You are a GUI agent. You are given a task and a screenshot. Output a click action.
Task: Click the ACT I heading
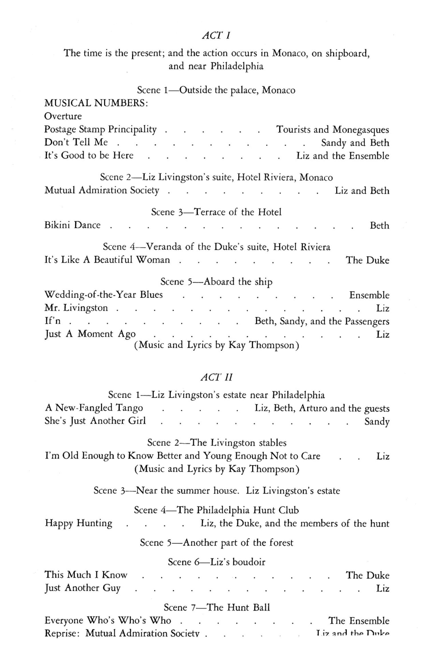pyautogui.click(x=216, y=35)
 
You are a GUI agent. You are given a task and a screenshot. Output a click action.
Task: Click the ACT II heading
pyautogui.click(x=217, y=377)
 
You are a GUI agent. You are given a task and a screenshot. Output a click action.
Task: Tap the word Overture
pyautogui.click(x=63, y=116)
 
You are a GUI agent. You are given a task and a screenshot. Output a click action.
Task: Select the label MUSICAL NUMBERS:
pyautogui.click(x=96, y=103)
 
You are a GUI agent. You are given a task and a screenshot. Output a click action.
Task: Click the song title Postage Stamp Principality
pyautogui.click(x=100, y=130)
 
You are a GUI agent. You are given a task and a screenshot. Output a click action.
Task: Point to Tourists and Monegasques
pyautogui.click(x=333, y=130)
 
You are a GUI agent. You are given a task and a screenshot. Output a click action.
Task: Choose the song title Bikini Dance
pyautogui.click(x=72, y=225)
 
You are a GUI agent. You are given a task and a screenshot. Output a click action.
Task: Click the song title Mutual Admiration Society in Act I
pyautogui.click(x=102, y=190)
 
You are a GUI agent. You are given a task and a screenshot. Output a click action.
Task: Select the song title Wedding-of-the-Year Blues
pyautogui.click(x=104, y=295)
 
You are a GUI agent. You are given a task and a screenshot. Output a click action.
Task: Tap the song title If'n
pyautogui.click(x=53, y=321)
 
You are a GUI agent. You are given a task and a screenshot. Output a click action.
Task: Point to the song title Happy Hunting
pyautogui.click(x=79, y=523)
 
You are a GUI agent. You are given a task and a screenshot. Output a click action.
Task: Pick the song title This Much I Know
pyautogui.click(x=86, y=575)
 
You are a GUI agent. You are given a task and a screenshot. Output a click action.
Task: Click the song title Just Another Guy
pyautogui.click(x=83, y=588)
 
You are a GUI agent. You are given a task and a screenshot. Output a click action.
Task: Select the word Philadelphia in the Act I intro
pyautogui.click(x=237, y=66)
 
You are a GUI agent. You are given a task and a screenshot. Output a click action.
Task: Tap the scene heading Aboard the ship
pyautogui.click(x=216, y=281)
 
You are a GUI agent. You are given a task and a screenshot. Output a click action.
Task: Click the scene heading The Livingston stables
pyautogui.click(x=217, y=443)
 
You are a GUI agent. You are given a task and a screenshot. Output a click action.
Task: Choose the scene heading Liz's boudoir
pyautogui.click(x=217, y=562)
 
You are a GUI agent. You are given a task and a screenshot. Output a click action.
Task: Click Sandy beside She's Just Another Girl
pyautogui.click(x=377, y=421)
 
